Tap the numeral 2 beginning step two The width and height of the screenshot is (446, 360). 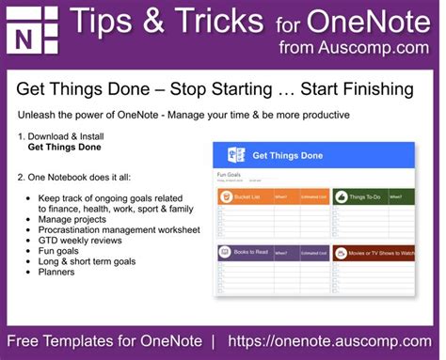21,177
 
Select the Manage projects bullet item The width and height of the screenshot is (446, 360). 79,218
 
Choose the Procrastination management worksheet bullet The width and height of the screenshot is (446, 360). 119,229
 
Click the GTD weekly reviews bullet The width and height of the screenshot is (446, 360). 90,240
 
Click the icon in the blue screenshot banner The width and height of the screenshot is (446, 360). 237,156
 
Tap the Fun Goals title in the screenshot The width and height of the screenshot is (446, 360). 230,174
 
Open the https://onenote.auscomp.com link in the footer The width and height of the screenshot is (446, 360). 336,339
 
